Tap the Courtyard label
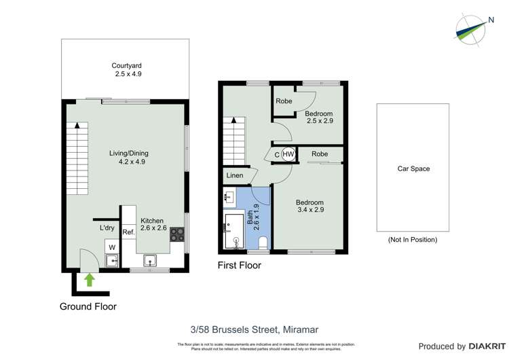click(x=128, y=70)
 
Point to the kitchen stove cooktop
click(x=176, y=234)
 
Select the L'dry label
click(x=107, y=228)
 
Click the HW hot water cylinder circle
click(x=288, y=154)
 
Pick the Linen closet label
click(x=235, y=176)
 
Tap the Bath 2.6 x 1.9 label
click(x=255, y=217)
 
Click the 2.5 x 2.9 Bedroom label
click(x=318, y=118)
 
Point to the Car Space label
click(x=413, y=169)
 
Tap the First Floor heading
click(x=239, y=266)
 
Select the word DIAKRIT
click(x=483, y=346)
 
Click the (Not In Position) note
click(x=413, y=240)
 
